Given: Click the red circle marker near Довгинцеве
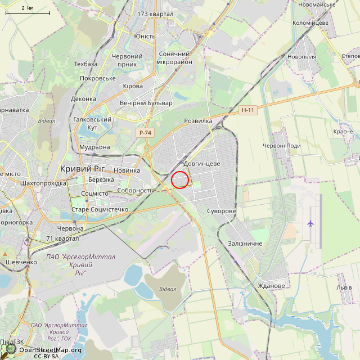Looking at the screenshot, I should (179, 179).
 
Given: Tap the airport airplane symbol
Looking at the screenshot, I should (310, 223).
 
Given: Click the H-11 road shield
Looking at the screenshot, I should (247, 110).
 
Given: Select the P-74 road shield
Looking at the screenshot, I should (145, 133).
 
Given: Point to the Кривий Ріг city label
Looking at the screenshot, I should (82, 169).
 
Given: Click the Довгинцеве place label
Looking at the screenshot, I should (201, 163).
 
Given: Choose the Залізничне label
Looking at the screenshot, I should (245, 243).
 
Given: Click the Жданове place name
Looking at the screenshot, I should (271, 286).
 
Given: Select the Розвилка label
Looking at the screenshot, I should (198, 121).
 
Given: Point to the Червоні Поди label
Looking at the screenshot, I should (281, 146).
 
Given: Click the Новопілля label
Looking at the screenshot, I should (301, 57).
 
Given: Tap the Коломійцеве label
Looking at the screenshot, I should (310, 22).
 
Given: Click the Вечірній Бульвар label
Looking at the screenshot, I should (146, 103).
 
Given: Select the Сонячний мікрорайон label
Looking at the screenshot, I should (174, 58).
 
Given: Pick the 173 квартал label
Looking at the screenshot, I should (155, 13).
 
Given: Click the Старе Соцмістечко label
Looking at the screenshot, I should (100, 209).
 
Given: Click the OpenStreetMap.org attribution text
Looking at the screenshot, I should (49, 350).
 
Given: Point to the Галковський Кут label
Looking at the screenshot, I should (92, 124).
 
